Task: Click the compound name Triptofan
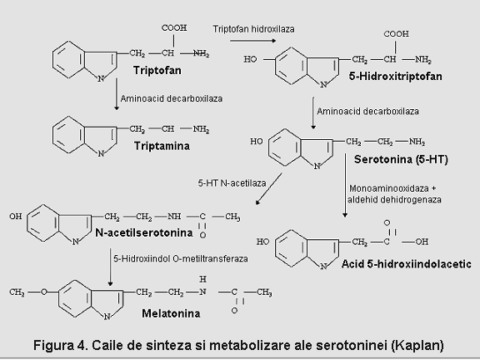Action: coord(157,70)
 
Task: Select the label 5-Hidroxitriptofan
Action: coord(396,76)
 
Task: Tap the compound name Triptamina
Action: coord(162,146)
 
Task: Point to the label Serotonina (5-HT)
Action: coord(401,159)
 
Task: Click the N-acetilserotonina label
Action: coord(144,232)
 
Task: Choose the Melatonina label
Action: coord(171,313)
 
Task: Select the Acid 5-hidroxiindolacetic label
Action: coord(407,264)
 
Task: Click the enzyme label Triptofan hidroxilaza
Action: coord(254,29)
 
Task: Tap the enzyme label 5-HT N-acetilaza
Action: coord(232,183)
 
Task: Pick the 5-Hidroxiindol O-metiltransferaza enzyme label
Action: coord(181,258)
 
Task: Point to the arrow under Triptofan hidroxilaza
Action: coord(252,40)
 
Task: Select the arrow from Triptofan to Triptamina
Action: coord(117,94)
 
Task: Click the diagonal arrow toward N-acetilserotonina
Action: coord(269,188)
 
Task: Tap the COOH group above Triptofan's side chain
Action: coord(174,27)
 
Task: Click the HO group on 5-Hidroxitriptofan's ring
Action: coord(250,59)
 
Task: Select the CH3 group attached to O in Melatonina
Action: coord(17,292)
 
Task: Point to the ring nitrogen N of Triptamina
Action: coord(101,153)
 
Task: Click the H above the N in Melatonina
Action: coord(202,279)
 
